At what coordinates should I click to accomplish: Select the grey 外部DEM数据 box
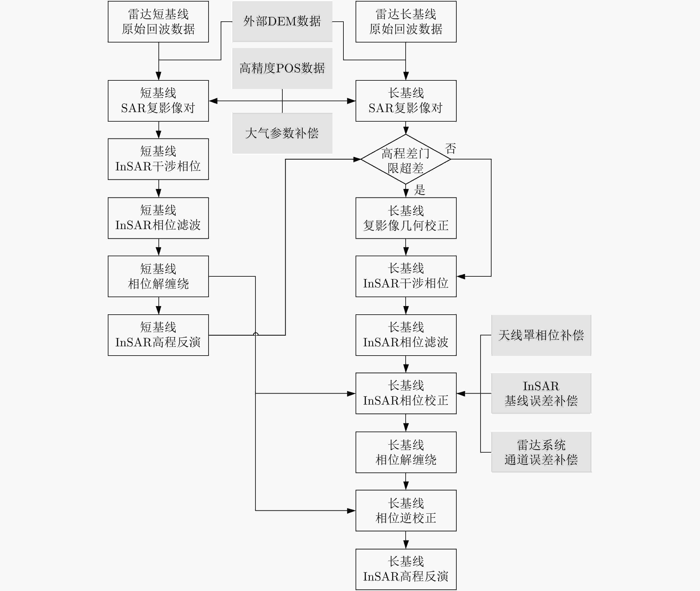(282, 21)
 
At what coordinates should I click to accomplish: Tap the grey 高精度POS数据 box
(282, 68)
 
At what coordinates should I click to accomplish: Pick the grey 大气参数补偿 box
(282, 133)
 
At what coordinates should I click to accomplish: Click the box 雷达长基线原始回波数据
(406, 22)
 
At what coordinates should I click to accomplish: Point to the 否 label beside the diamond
(451, 148)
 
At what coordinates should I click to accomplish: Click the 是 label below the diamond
(420, 190)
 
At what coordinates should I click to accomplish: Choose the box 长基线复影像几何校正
(406, 218)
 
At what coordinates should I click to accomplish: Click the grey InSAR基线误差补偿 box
(541, 393)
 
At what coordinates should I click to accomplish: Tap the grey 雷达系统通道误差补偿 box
(541, 452)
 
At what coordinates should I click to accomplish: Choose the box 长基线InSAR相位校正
(406, 393)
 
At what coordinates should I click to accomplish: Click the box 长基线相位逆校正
(406, 511)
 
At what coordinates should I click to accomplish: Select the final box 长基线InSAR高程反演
(406, 569)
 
